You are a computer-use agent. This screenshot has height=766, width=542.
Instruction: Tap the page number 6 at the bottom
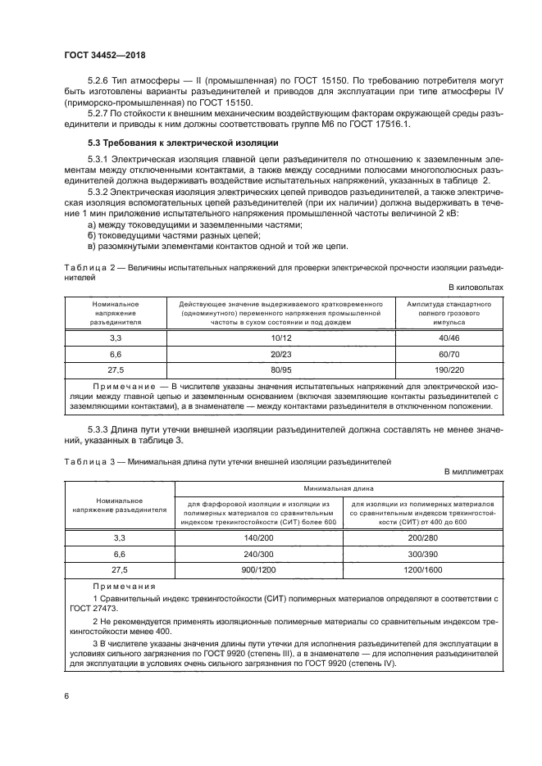(x=66, y=696)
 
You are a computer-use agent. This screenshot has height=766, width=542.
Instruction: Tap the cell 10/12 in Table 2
(x=280, y=338)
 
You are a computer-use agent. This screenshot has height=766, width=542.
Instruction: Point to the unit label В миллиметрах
(x=473, y=473)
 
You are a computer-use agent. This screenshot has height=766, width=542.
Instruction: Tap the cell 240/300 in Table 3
(x=257, y=553)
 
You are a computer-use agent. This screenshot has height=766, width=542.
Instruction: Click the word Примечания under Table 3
(x=124, y=587)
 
